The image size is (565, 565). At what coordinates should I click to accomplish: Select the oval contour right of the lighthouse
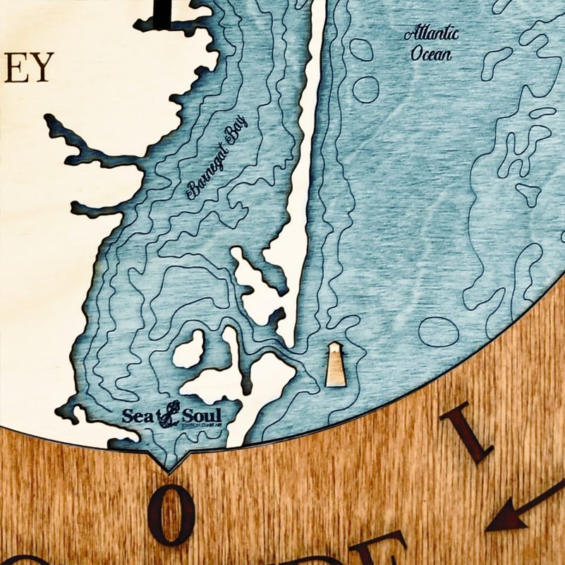pos(439,330)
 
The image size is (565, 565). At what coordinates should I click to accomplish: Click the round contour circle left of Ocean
pos(365,89)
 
